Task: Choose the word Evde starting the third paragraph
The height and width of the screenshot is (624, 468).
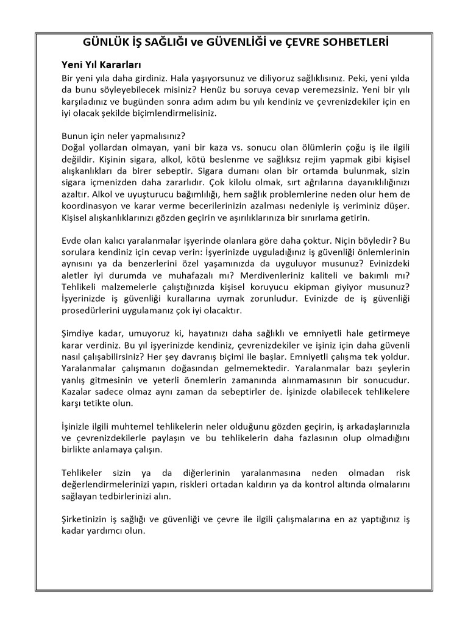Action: point(73,240)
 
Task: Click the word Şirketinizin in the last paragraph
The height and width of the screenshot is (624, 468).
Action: point(87,519)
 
